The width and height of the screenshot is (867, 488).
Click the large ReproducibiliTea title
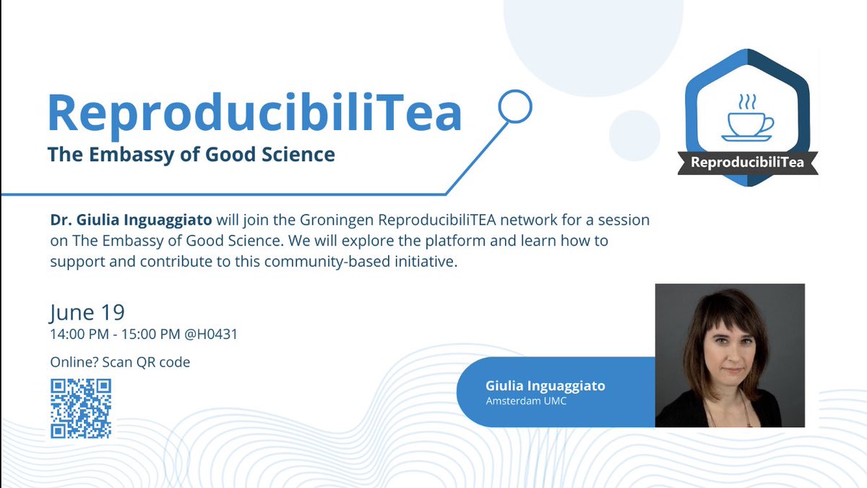(x=254, y=112)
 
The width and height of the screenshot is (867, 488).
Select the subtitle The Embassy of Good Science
(x=191, y=154)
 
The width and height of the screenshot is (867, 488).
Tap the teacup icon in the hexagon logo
(x=746, y=121)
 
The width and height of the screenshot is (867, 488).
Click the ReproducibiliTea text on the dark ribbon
(x=747, y=162)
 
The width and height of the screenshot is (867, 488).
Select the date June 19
(x=87, y=312)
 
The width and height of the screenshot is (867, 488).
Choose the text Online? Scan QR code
(x=120, y=362)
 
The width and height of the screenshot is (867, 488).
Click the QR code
(x=81, y=408)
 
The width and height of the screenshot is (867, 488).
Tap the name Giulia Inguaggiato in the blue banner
(x=545, y=386)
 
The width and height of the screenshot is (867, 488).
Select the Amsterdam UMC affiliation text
(x=526, y=401)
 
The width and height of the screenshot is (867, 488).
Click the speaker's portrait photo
(x=729, y=354)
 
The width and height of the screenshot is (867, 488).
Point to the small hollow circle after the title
(x=516, y=106)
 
